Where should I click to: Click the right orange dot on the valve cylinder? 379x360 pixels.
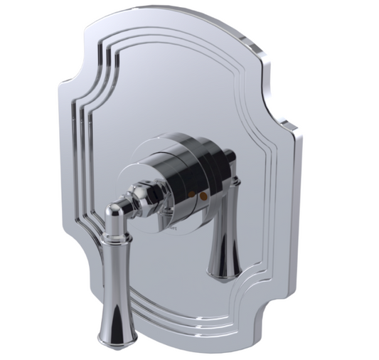click(202, 194)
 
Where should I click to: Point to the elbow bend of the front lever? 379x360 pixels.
click(113, 211)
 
